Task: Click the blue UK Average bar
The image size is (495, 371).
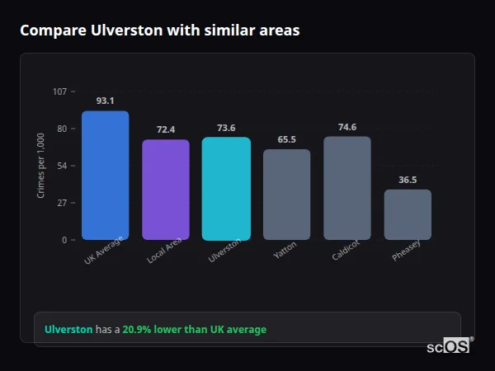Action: point(105,176)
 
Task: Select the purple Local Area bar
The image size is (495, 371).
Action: point(165,190)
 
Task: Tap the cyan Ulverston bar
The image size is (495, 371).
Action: point(226,189)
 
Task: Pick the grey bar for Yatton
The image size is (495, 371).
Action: point(286,195)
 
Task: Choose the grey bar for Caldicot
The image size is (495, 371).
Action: point(346,188)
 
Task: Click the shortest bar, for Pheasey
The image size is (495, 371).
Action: point(408,214)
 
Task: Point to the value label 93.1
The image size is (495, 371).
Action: point(105,101)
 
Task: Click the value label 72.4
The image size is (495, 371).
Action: point(165,129)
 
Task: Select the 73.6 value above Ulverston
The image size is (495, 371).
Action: point(226,128)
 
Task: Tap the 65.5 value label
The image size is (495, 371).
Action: point(286,139)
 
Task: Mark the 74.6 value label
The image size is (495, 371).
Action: point(346,127)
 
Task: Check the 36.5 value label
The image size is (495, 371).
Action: point(408,180)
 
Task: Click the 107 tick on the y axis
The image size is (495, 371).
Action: point(59,92)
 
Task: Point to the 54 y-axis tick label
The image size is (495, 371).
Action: point(62,166)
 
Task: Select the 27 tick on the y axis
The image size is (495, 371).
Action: point(62,203)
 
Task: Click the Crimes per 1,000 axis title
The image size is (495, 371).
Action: point(41,166)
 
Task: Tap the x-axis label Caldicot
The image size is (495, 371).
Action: point(345,251)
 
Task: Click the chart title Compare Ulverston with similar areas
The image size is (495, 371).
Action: point(159,31)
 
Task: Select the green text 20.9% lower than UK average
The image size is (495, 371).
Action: point(194,330)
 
